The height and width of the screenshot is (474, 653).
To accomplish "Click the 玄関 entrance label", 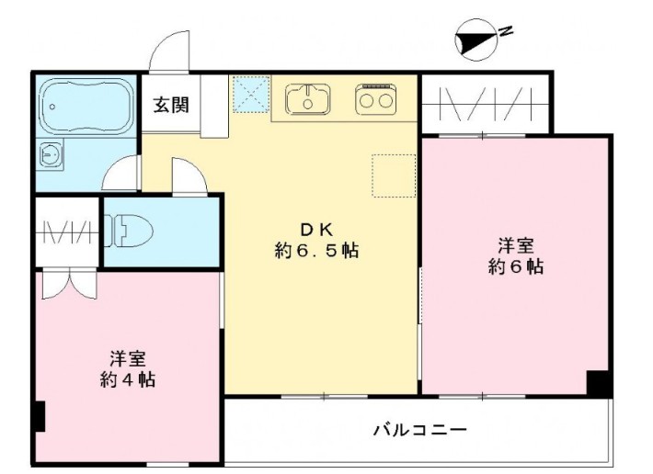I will tap(171, 104).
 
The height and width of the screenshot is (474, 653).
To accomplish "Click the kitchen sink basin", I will tap(307, 97).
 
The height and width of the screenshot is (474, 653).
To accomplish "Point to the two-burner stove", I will tap(375, 98).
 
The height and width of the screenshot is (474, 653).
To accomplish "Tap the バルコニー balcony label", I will tap(419, 429).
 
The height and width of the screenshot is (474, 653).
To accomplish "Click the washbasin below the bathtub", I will tap(51, 155).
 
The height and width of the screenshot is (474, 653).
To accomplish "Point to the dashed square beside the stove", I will tap(387, 174).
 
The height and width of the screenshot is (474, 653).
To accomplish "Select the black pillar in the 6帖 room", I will tap(599, 383).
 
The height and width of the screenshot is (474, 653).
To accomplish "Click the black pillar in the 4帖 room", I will tap(39, 418).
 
